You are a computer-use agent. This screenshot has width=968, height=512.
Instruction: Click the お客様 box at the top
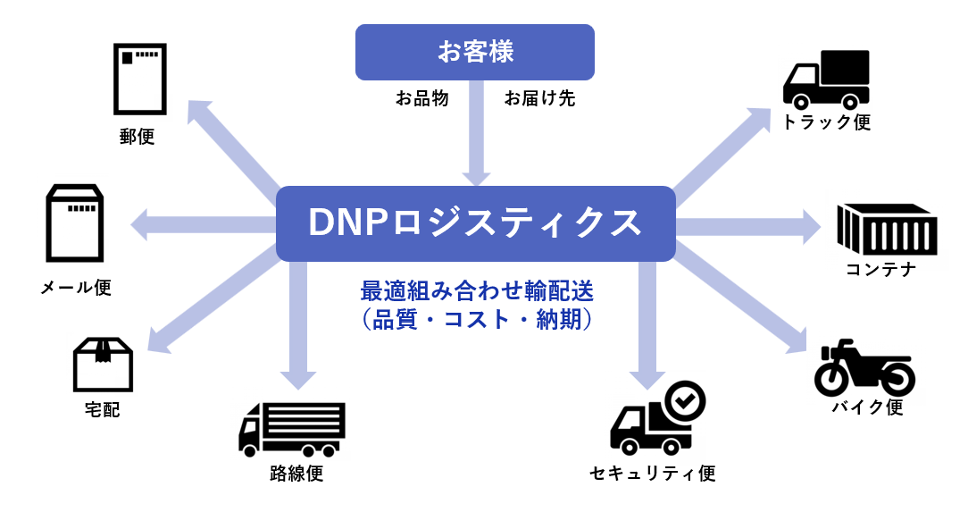(x=475, y=52)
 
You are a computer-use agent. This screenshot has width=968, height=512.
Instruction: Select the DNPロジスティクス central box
(x=475, y=223)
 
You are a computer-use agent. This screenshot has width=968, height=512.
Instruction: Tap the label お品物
(x=422, y=98)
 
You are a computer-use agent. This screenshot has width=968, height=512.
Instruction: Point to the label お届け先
(x=539, y=98)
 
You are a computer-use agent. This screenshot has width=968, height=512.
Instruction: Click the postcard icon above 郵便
(x=140, y=79)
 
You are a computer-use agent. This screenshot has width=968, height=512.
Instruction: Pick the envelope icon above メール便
(x=75, y=223)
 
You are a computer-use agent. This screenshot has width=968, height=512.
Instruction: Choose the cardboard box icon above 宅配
(x=103, y=365)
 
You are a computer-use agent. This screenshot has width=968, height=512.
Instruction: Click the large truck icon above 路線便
(x=291, y=430)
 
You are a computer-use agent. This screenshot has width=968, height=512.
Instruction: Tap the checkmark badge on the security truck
(x=684, y=401)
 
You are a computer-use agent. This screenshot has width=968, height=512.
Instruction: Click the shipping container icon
(x=887, y=229)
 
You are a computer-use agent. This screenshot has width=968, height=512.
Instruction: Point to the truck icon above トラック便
(x=826, y=80)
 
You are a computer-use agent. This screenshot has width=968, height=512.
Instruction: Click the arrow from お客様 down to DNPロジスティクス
(x=476, y=133)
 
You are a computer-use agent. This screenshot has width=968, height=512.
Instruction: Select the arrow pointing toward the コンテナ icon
(x=748, y=227)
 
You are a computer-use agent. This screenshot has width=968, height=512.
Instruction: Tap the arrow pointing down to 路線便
(x=298, y=325)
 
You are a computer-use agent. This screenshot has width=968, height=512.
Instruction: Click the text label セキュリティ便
(x=653, y=473)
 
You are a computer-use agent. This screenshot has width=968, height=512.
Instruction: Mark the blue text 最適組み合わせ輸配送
(x=477, y=290)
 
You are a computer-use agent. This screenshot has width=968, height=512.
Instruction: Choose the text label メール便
(x=75, y=287)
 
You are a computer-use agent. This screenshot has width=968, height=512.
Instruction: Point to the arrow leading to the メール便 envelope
(x=203, y=224)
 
